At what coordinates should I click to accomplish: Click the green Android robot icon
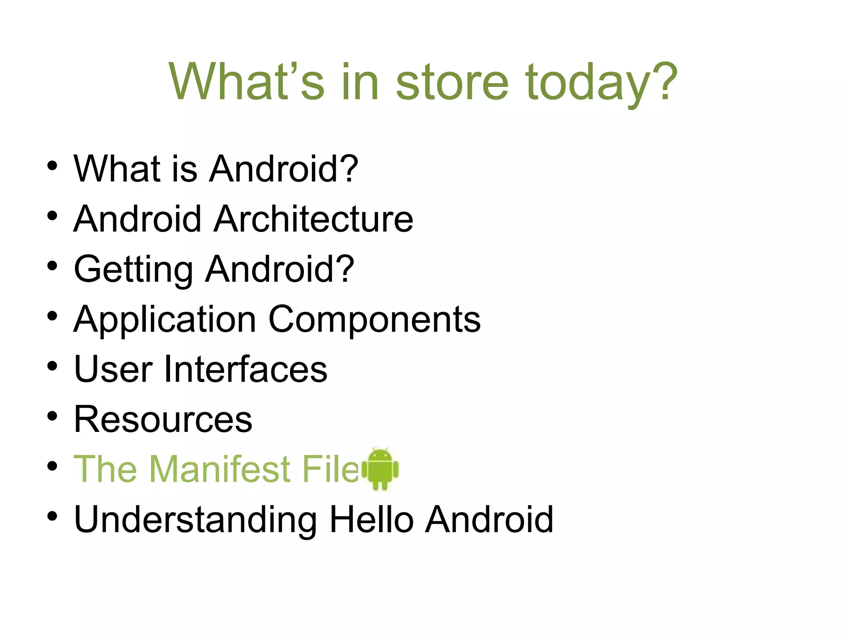(380, 469)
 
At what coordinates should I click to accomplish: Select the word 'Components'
(374, 319)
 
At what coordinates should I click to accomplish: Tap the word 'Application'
(165, 319)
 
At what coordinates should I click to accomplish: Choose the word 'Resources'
(163, 419)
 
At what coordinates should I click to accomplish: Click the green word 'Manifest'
(220, 469)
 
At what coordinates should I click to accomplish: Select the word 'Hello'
(371, 520)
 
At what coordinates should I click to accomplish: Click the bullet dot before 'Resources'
(52, 417)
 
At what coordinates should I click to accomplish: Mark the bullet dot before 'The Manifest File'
(52, 467)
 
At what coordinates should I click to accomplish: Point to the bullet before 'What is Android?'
(52, 166)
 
